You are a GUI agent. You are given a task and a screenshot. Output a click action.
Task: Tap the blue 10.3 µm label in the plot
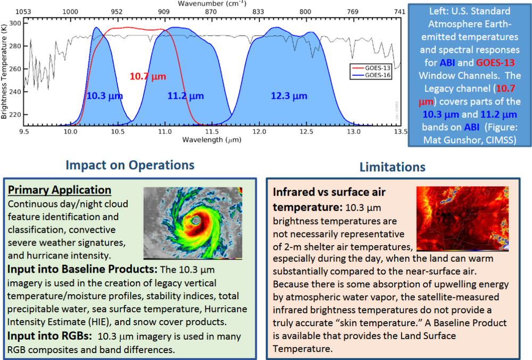coord(104,96)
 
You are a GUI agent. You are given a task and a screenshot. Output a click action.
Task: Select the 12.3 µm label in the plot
coord(289,96)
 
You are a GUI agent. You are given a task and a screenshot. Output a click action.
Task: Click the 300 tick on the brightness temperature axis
coord(15,23)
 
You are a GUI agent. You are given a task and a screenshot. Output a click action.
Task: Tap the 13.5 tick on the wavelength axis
coord(400,131)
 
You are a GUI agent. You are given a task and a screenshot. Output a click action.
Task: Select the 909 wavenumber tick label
coord(164,11)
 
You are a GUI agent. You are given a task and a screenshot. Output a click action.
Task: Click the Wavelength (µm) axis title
coord(210,139)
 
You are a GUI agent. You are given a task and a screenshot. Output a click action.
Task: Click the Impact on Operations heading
coord(129,165)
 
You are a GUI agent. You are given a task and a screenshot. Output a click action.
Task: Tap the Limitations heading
coord(392,167)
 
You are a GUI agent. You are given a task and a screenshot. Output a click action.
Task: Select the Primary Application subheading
coord(60,190)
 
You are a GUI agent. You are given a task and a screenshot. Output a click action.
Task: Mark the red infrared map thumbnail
coord(462,219)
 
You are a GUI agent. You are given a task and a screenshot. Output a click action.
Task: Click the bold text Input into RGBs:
coord(49,336)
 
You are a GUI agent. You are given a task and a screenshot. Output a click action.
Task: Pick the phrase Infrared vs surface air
coord(330,192)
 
